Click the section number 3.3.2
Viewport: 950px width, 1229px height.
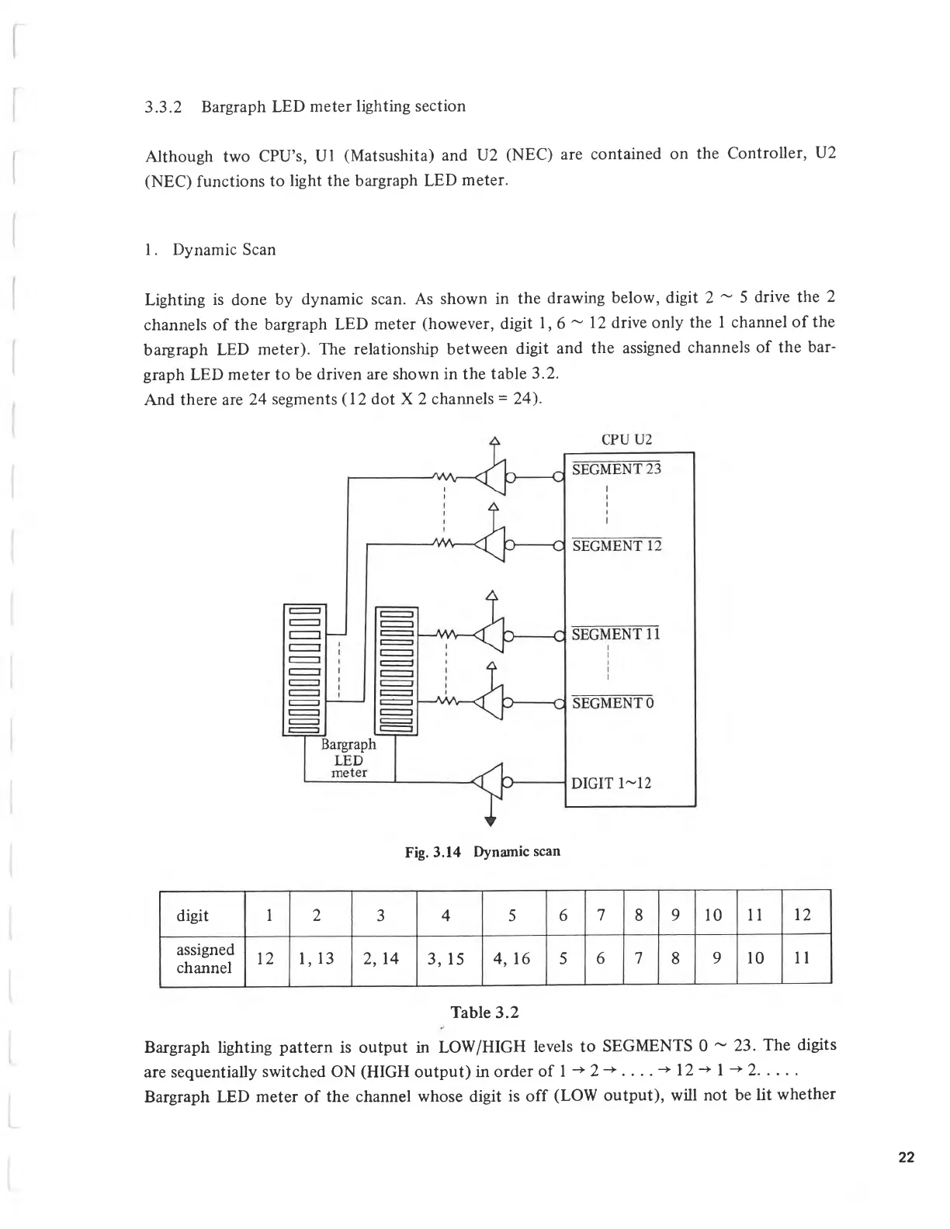(163, 107)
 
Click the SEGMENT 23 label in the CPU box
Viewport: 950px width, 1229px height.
(616, 469)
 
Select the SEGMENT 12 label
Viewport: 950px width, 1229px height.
(616, 546)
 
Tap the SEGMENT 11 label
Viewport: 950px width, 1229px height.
(615, 635)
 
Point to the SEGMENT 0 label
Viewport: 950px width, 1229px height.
(612, 704)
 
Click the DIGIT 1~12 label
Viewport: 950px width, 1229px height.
(611, 783)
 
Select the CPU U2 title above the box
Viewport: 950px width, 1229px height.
(626, 439)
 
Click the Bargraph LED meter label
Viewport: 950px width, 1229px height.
(348, 758)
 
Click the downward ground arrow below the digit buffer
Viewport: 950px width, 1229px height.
(491, 819)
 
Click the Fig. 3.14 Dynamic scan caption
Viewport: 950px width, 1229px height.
(482, 852)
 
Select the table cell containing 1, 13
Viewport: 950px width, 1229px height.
(316, 959)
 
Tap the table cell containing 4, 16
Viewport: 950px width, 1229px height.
(511, 959)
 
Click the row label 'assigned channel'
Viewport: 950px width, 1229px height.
(205, 959)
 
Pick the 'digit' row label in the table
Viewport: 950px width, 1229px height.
(192, 916)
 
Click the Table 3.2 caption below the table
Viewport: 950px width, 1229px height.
(484, 1013)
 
